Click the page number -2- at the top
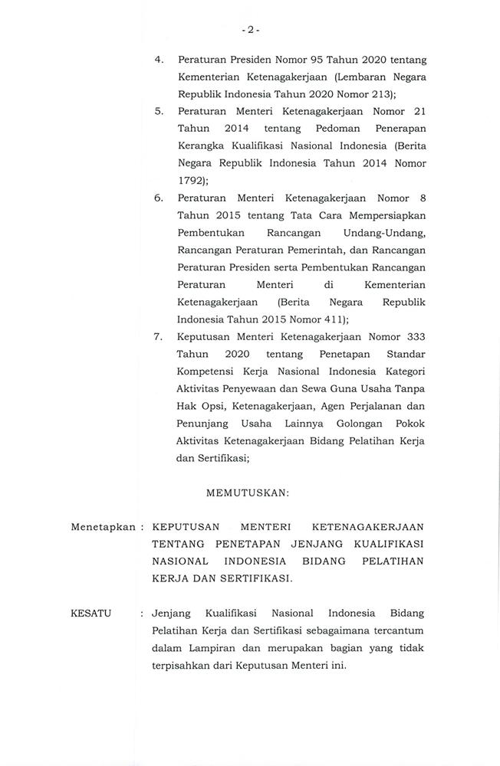click(x=250, y=30)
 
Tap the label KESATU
click(x=90, y=614)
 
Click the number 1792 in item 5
click(x=190, y=181)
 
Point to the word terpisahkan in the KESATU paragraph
click(x=185, y=666)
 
